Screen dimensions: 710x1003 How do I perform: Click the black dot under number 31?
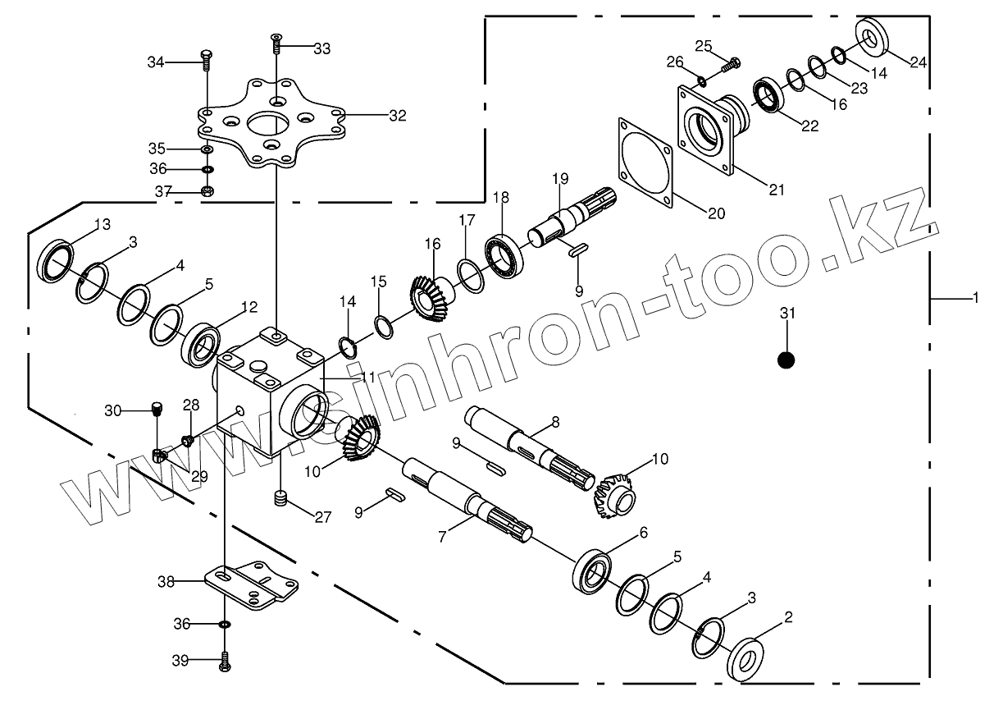point(786,360)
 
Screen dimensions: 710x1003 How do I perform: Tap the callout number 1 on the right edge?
point(975,299)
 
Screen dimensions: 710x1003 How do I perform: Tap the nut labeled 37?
point(207,192)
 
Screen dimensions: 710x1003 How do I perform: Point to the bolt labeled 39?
point(224,660)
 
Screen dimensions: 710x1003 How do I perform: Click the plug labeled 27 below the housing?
point(281,498)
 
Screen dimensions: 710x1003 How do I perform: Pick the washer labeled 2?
point(745,657)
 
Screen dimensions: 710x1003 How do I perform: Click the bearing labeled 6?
point(590,570)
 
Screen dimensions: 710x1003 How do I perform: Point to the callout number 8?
point(555,422)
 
